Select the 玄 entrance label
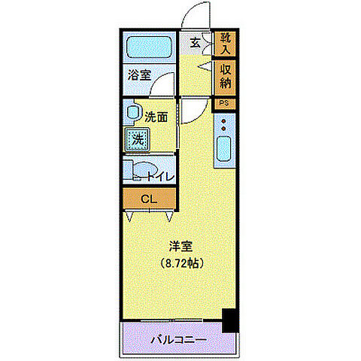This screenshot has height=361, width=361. [195, 43]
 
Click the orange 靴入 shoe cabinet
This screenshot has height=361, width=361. [224, 44]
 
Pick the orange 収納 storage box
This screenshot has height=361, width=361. [224, 74]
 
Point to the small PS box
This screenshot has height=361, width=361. [224, 102]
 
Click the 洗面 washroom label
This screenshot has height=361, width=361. [156, 117]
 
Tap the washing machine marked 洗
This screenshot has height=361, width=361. [138, 138]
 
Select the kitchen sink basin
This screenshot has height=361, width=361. [224, 151]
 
